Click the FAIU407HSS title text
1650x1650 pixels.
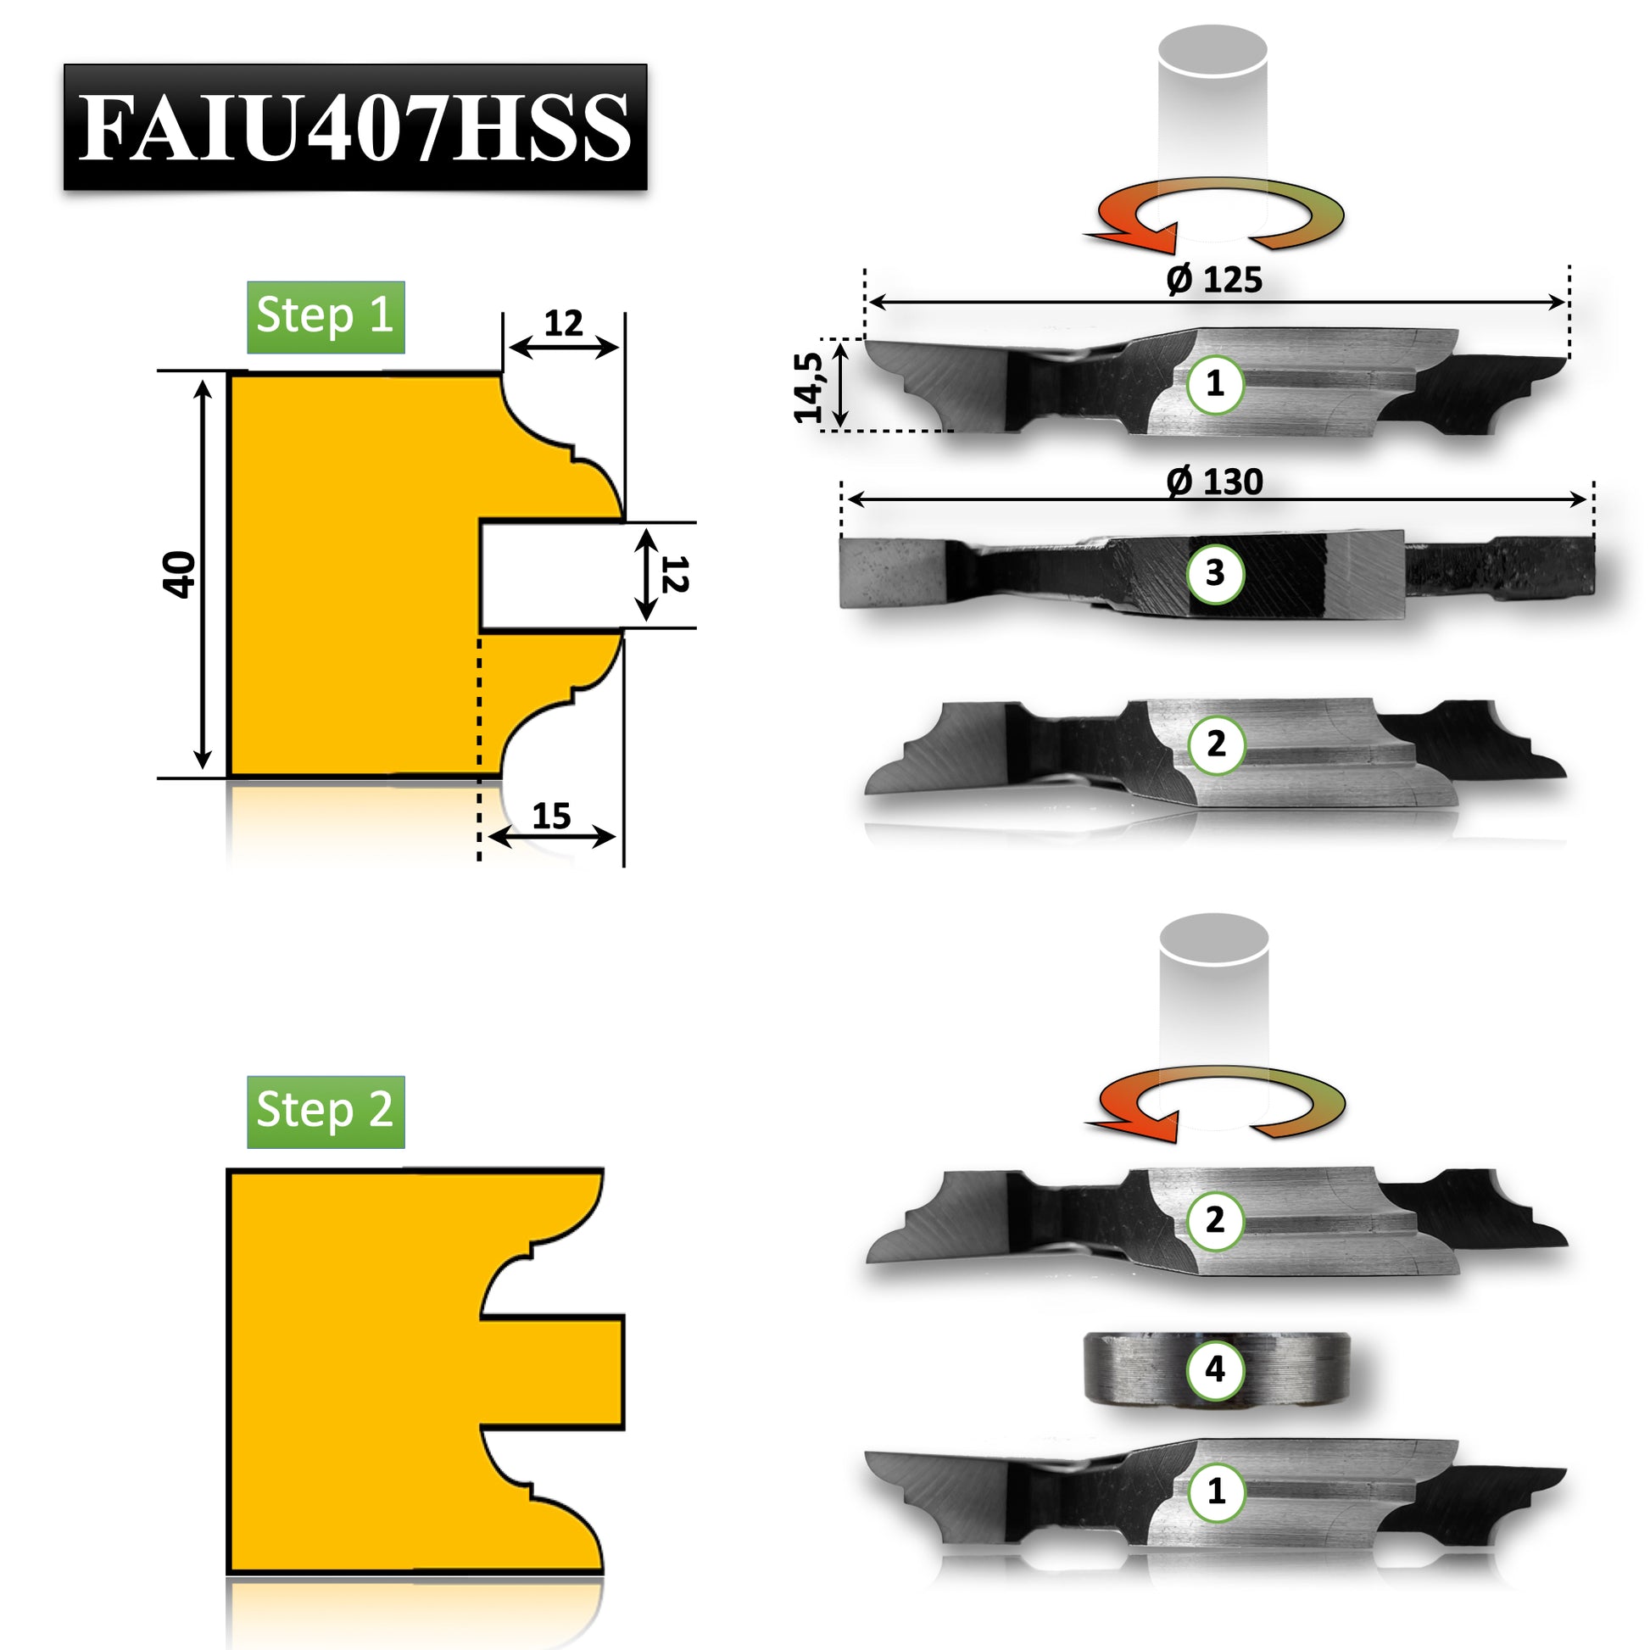(354, 127)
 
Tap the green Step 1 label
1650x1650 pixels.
(326, 316)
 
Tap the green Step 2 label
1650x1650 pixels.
(326, 1110)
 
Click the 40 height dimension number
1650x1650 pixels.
(180, 574)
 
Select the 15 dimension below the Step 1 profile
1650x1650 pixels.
(551, 817)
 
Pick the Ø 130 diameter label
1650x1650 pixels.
(1213, 482)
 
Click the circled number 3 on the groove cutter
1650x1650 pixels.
(1215, 573)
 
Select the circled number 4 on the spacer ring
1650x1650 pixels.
(1215, 1369)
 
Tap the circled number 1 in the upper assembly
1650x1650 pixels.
(1215, 384)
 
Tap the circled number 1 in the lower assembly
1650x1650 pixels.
(1215, 1491)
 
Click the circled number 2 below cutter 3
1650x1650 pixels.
(1215, 744)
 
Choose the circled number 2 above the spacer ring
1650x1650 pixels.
(1215, 1220)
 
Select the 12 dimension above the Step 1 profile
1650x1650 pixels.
(563, 323)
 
